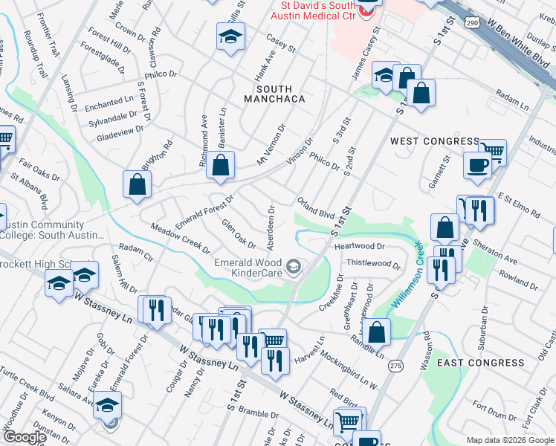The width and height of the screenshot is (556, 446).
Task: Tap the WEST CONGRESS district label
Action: click(x=434, y=141)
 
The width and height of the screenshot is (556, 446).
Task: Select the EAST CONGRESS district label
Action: click(x=480, y=363)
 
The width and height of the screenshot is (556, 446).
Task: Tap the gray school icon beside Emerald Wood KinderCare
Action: click(x=294, y=266)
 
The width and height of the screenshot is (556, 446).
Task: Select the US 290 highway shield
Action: click(x=473, y=24)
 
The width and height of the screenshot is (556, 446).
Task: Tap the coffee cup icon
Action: click(x=476, y=165)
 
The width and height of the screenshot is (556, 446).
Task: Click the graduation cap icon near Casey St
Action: click(x=230, y=36)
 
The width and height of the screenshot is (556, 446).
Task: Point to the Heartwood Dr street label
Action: click(x=360, y=246)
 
